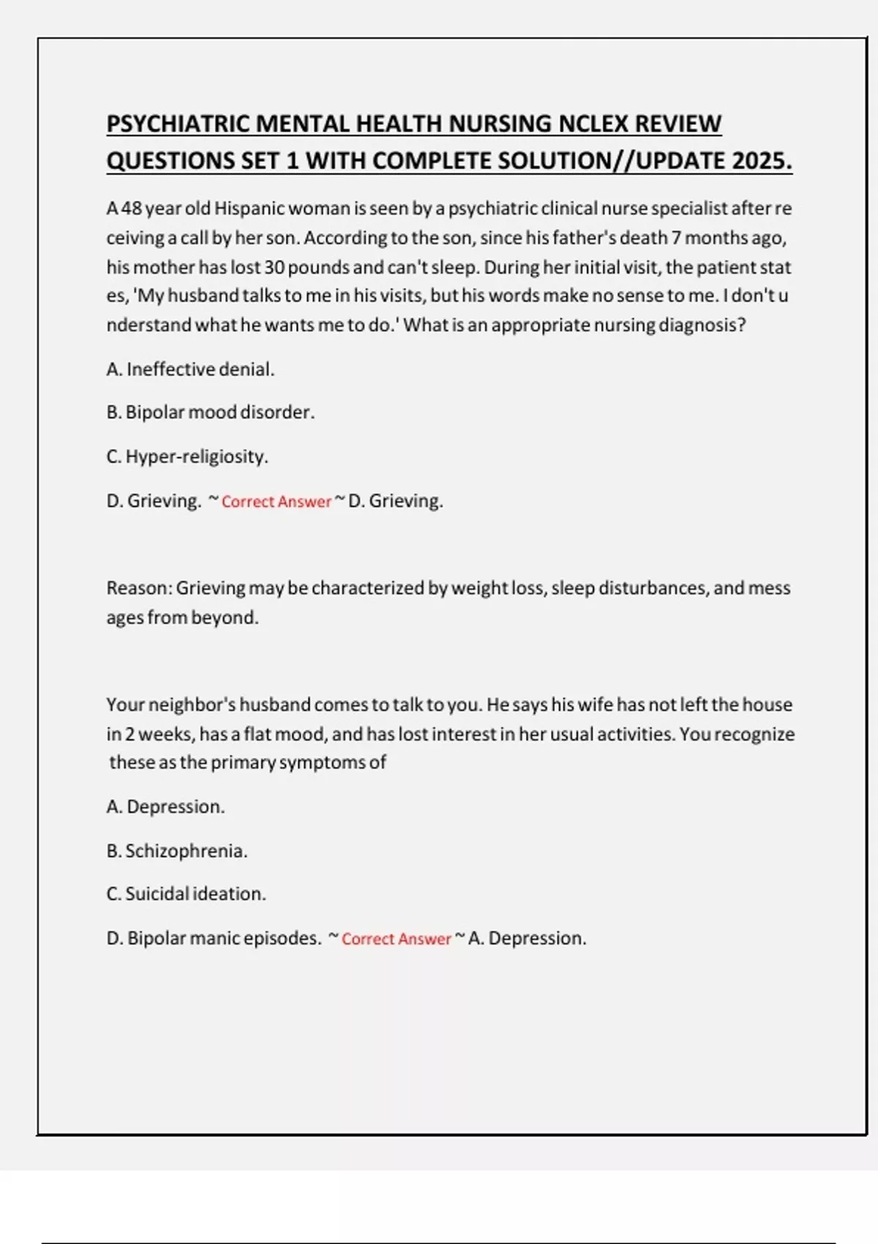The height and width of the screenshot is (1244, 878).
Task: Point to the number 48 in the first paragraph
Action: (x=131, y=209)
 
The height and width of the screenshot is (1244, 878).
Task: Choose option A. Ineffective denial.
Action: (x=190, y=370)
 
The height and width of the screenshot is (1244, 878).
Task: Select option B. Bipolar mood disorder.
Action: (x=210, y=413)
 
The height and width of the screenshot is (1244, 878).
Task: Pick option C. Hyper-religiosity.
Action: (x=187, y=457)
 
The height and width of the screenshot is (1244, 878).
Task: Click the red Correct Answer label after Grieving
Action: (x=276, y=502)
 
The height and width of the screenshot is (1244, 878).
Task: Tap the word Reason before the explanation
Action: (x=138, y=588)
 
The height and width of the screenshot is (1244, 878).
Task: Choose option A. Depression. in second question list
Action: (x=165, y=807)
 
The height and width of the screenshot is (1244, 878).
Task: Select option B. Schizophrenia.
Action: (x=177, y=851)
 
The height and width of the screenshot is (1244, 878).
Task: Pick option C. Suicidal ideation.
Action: (x=186, y=894)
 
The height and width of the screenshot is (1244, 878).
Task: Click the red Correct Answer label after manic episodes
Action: (x=396, y=939)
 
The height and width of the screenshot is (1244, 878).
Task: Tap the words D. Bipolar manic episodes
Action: (x=214, y=938)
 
